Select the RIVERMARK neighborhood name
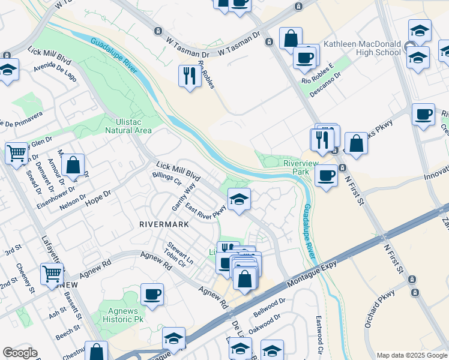pyautogui.click(x=164, y=224)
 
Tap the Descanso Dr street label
pyautogui.click(x=325, y=85)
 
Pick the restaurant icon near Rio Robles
pyautogui.click(x=189, y=76)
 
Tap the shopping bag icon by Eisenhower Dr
pyautogui.click(x=72, y=165)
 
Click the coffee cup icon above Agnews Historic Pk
pyautogui.click(x=151, y=295)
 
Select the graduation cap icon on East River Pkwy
pyautogui.click(x=239, y=199)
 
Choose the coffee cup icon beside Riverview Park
pyautogui.click(x=326, y=175)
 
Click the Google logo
pyautogui.click(x=20, y=353)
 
